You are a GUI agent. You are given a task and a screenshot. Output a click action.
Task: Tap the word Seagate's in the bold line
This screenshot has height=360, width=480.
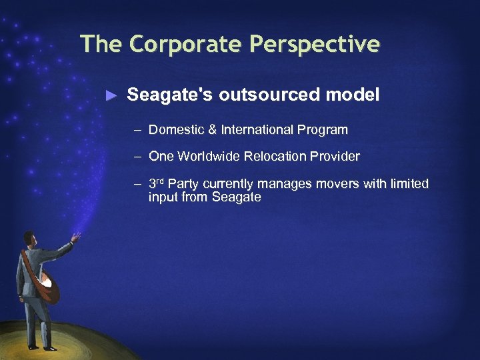(169, 95)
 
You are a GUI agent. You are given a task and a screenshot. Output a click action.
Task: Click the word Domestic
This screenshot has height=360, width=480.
(175, 129)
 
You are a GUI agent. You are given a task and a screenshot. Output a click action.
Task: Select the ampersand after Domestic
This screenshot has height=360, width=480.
(209, 129)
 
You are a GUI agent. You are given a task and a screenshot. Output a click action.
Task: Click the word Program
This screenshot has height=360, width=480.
(324, 129)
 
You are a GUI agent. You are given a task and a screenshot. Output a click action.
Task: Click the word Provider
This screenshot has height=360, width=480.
(335, 157)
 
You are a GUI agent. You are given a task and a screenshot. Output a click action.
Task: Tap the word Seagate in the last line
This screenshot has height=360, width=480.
(236, 197)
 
